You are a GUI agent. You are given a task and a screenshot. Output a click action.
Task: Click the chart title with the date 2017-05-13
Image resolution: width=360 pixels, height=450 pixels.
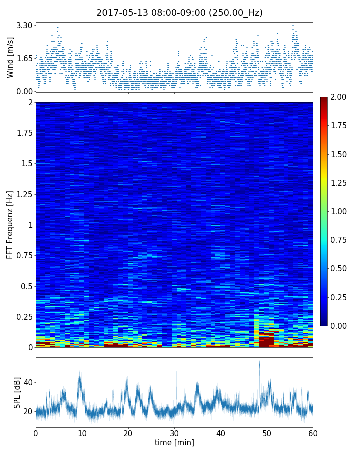pos(179,13)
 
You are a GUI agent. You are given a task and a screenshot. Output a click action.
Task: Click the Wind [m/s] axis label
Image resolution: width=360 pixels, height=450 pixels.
pos(10,58)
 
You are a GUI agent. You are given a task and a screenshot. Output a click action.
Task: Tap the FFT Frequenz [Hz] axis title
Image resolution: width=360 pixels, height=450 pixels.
pos(10,224)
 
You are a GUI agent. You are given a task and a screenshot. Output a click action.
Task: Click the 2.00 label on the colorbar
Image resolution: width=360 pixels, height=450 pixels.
pos(342,97)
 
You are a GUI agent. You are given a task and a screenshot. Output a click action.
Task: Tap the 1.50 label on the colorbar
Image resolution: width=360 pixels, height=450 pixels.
pos(342,154)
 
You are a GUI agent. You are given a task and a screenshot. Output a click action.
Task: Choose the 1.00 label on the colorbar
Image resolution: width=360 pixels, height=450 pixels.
pos(342,211)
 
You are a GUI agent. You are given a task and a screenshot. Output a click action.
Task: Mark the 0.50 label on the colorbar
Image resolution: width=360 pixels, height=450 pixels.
pos(342,269)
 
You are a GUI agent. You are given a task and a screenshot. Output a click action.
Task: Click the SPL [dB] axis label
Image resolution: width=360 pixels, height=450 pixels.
pos(17,392)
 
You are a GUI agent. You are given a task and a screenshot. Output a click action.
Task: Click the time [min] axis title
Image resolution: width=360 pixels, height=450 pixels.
pos(174,442)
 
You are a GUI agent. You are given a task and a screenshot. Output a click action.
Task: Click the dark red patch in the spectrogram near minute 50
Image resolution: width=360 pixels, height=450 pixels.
pos(266,341)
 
